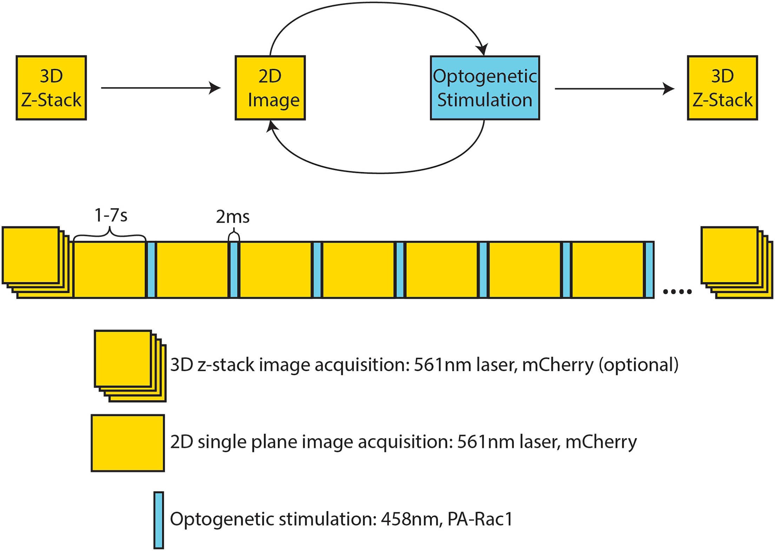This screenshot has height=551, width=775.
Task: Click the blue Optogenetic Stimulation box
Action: click(485, 88)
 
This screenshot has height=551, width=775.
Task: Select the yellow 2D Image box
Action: click(270, 88)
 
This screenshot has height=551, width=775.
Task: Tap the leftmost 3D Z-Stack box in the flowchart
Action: click(51, 88)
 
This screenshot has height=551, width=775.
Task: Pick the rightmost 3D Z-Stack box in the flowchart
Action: click(722, 88)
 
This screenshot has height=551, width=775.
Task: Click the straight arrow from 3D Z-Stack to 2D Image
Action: click(161, 88)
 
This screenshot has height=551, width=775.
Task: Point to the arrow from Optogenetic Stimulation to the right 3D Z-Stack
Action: click(614, 89)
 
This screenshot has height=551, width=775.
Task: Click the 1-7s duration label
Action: click(111, 215)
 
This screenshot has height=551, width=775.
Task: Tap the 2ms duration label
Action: click(232, 217)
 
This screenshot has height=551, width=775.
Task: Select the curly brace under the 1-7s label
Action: click(110, 234)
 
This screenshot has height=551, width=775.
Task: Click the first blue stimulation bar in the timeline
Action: click(151, 270)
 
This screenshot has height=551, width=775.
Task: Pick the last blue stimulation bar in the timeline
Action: click(649, 270)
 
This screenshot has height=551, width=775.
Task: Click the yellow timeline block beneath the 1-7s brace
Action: click(110, 270)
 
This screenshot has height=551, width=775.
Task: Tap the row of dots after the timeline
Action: click(677, 291)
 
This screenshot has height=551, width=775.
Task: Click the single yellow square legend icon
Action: click(128, 443)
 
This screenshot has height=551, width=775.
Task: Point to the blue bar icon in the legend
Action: click(159, 520)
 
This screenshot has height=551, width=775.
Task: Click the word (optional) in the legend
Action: click(638, 365)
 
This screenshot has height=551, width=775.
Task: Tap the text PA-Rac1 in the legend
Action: click(480, 519)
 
